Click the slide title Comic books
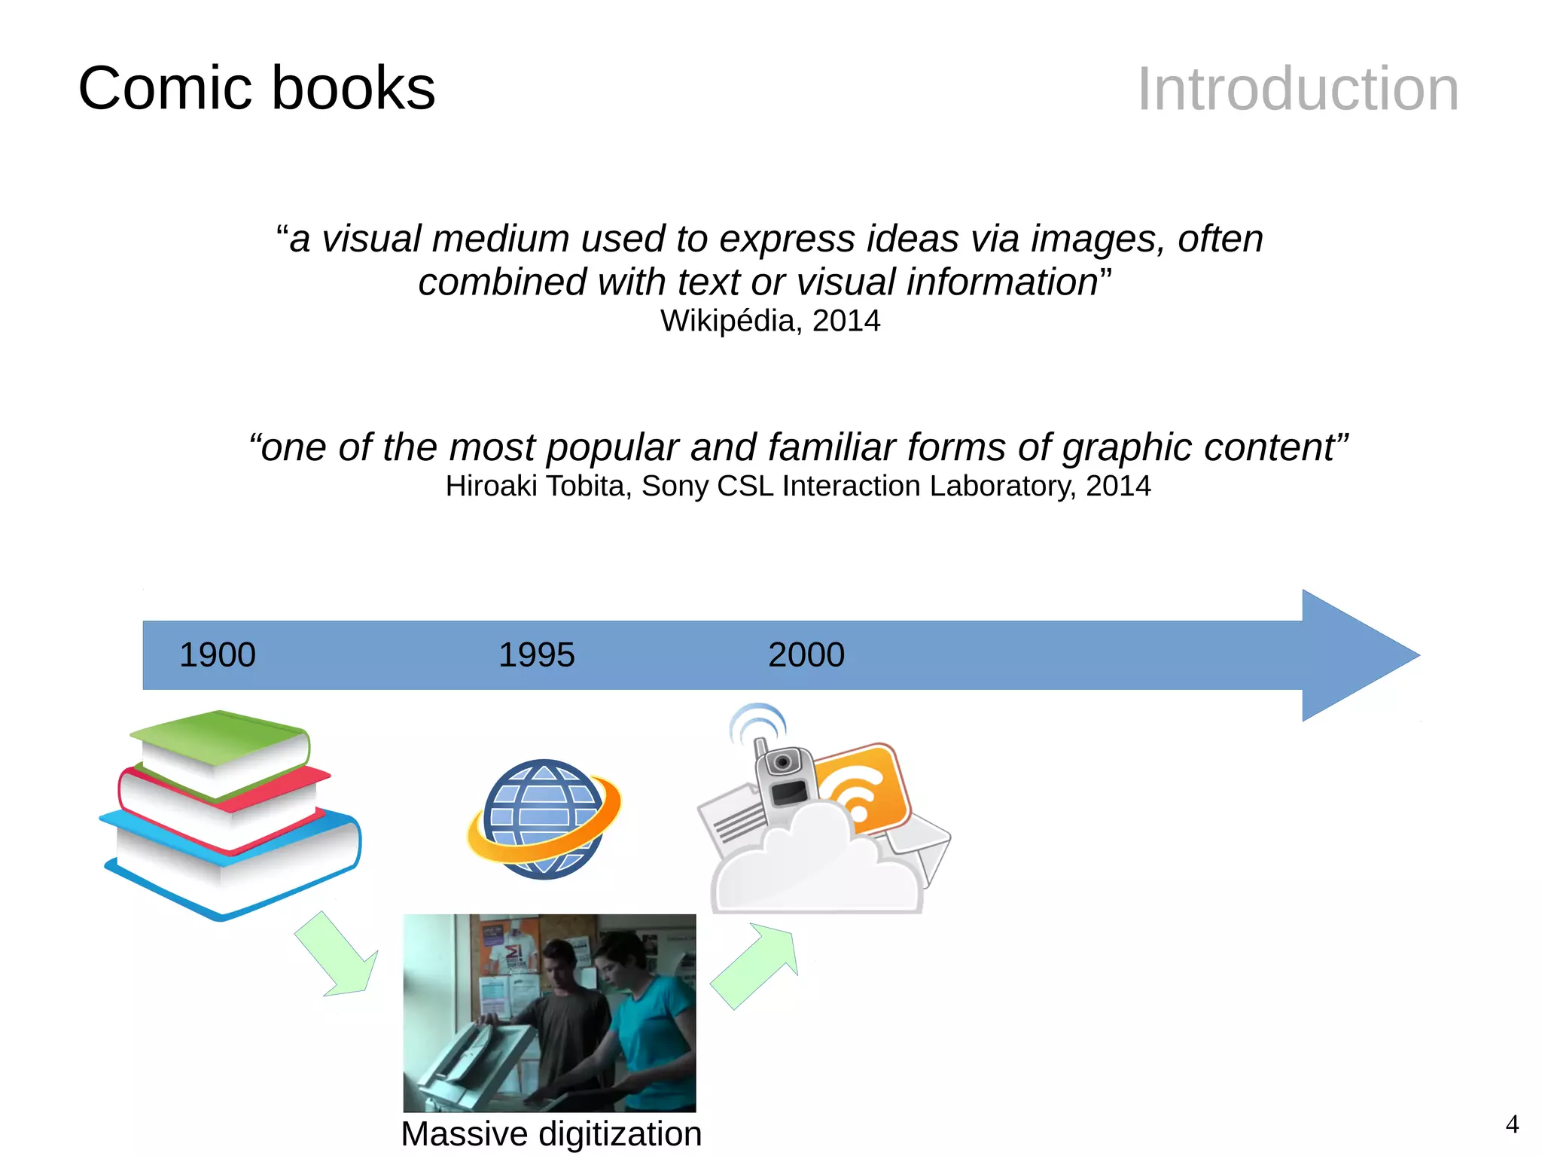coord(256,88)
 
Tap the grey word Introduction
coord(1297,89)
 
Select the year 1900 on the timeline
coord(217,655)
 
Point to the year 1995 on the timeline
coord(536,655)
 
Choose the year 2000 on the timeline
coord(806,655)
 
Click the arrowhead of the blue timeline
coord(1355,655)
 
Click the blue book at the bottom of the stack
coord(233,866)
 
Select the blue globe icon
coord(544,819)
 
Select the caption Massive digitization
coord(551,1133)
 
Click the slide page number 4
coord(1512,1124)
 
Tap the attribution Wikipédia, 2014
coord(770,321)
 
